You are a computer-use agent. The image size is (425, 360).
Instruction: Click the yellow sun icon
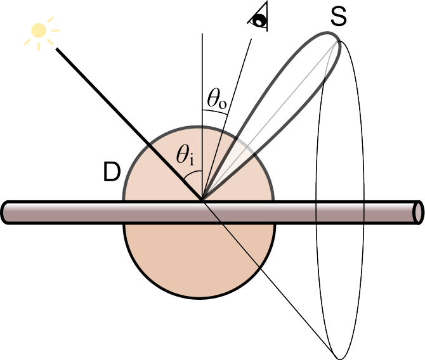(x=40, y=32)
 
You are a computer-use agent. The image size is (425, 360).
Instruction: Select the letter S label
(x=338, y=17)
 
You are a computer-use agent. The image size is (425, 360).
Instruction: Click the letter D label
(x=111, y=173)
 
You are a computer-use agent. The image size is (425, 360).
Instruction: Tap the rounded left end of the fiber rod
(x=6, y=212)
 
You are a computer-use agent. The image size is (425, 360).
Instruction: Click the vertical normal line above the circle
(x=202, y=70)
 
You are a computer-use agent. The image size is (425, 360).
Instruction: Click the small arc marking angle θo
(x=215, y=112)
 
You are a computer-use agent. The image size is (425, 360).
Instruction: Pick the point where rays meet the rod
(x=202, y=201)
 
